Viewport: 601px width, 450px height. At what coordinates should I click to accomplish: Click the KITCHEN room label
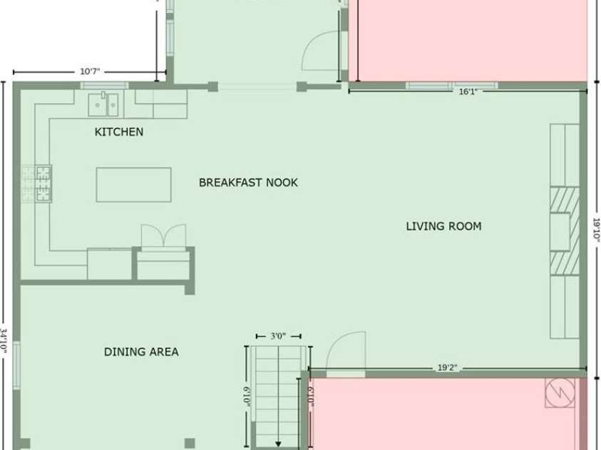point(119,132)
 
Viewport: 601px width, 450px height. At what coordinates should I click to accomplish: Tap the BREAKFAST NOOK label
point(248,182)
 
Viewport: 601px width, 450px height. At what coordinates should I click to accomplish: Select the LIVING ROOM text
point(444,226)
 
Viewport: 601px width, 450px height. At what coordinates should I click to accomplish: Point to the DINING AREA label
point(141,352)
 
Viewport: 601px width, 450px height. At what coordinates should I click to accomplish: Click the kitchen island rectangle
point(133,184)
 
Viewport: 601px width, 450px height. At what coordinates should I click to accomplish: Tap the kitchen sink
point(103,105)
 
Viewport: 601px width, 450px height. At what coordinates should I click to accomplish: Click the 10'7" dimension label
point(90,71)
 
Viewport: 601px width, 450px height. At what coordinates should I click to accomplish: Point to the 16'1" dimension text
point(468,92)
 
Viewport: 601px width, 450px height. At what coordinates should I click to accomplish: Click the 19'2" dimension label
point(447,368)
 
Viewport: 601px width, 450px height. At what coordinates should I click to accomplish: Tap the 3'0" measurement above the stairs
point(278,336)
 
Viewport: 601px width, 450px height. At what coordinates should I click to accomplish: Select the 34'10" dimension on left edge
point(4,340)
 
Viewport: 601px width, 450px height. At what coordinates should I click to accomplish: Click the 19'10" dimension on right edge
point(597,229)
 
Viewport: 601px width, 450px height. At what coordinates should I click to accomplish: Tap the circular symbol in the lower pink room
point(560,392)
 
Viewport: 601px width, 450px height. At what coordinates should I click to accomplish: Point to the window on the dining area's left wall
point(16,366)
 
